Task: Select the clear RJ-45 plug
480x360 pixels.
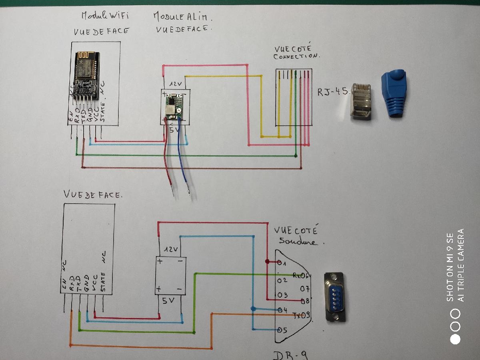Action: pos(361,102)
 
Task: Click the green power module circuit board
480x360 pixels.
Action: pos(174,106)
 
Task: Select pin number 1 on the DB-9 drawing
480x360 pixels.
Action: pos(282,263)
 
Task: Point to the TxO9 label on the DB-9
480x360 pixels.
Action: pos(301,316)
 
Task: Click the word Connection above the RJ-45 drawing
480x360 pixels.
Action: pos(296,56)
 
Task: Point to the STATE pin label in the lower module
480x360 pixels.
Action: pos(103,282)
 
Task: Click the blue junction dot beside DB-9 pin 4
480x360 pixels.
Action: pos(253,308)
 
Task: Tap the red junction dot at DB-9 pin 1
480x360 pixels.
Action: pos(267,261)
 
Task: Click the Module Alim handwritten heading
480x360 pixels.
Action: pos(182,17)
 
